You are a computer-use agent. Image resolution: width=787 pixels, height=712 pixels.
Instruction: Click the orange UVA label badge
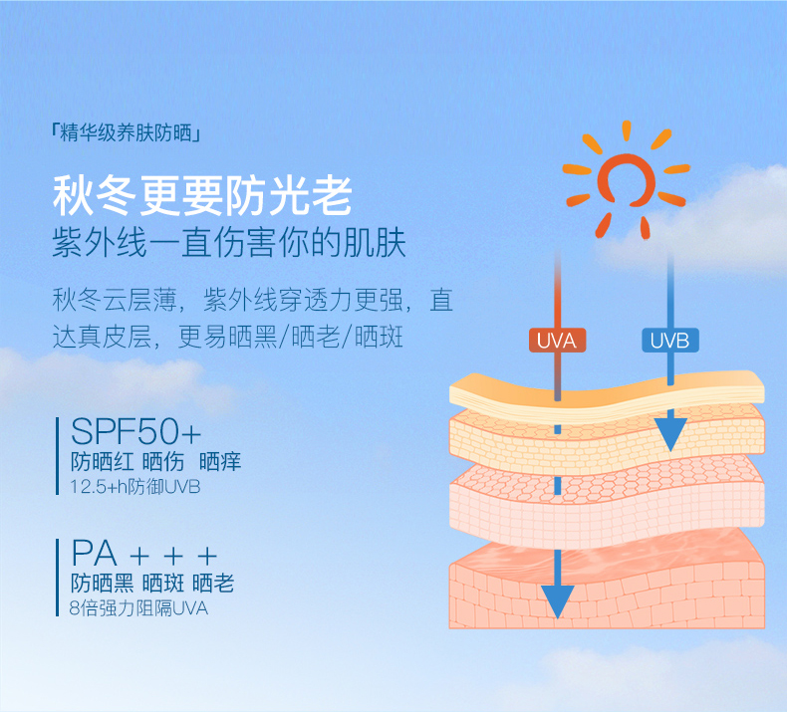pos(557,341)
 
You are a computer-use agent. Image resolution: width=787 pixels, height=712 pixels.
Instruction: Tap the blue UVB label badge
pos(670,341)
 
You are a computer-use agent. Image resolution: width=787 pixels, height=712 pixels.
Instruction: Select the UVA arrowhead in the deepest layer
pos(557,601)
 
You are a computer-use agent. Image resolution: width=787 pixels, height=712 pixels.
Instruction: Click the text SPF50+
pos(136,431)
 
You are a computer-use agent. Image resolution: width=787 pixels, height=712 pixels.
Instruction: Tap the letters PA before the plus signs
pos(95,554)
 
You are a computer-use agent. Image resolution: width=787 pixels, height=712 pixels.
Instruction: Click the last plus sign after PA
pos(207,556)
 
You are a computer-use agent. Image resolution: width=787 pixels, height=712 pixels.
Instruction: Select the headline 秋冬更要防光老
pos(202,196)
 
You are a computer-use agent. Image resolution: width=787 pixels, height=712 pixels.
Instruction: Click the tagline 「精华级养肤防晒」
pos(126,133)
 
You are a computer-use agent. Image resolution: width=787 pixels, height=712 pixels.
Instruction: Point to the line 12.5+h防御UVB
pos(135,486)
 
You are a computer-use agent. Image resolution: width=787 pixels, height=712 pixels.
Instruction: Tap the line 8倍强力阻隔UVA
pos(138,608)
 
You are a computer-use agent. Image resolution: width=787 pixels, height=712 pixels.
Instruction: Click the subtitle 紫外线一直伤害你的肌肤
pos(229,243)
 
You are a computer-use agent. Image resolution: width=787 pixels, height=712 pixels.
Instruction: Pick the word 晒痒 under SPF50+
pos(220,462)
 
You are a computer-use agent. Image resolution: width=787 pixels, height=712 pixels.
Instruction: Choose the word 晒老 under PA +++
pos(213,584)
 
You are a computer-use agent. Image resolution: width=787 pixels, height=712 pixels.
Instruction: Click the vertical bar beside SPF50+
pos(57,456)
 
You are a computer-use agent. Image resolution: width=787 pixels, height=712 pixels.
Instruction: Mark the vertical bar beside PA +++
pos(57,578)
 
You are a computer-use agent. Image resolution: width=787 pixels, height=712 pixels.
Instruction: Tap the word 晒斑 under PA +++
pos(162,584)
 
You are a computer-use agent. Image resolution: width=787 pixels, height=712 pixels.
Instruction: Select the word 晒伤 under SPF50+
pos(163,462)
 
